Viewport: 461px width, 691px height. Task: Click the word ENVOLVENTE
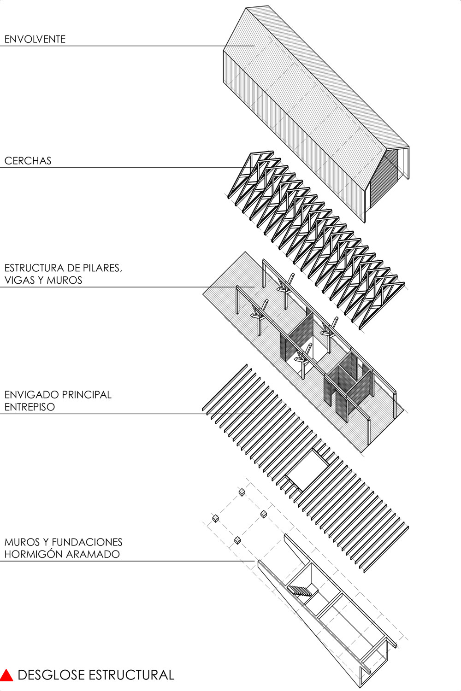coord(35,39)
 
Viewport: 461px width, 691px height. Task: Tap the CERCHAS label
coord(28,161)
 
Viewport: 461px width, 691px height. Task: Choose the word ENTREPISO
coord(30,407)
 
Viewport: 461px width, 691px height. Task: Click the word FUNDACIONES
coord(87,542)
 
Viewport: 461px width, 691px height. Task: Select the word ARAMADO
coord(93,554)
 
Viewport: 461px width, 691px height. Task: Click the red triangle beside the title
coord(6,675)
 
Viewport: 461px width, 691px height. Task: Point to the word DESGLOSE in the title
coord(52,675)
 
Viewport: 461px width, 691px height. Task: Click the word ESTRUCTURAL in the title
coord(131,675)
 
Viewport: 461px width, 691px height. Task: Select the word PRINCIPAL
coord(87,394)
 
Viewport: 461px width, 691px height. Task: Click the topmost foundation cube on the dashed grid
coord(242,492)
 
